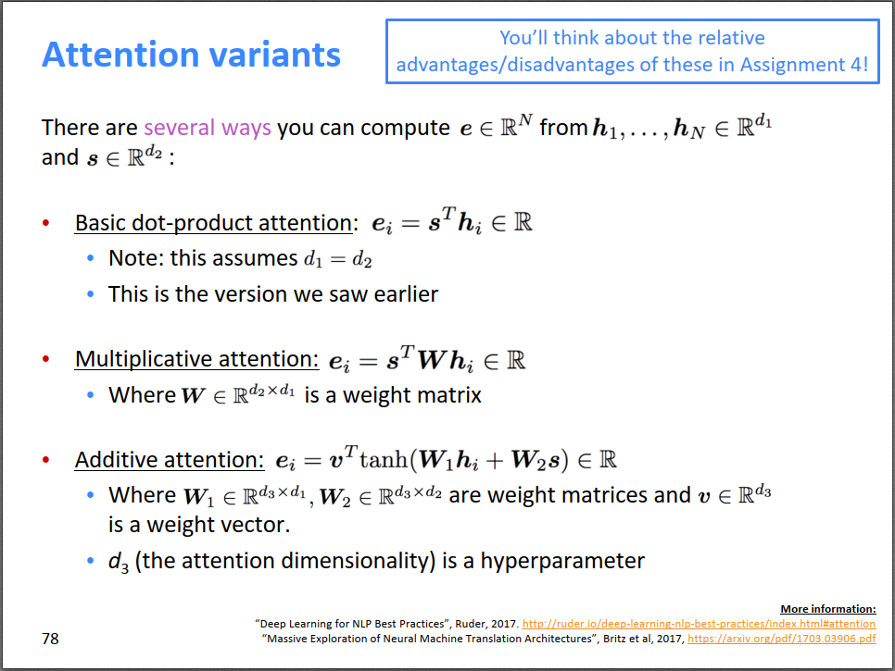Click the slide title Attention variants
[x=191, y=55]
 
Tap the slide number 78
[x=50, y=639]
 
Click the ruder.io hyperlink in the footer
[x=699, y=624]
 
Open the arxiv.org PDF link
[x=781, y=639]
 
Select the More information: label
[x=828, y=609]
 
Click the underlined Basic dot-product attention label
[x=213, y=223]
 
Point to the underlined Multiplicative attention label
[x=197, y=359]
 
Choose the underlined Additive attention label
[x=170, y=459]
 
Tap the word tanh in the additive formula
[x=384, y=459]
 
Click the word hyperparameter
[x=562, y=561]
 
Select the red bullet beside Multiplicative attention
[x=46, y=359]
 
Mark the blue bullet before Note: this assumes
[x=90, y=258]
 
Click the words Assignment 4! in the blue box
[x=804, y=65]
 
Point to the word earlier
[x=406, y=294]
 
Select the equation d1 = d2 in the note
[x=338, y=259]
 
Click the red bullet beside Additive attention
[x=46, y=459]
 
